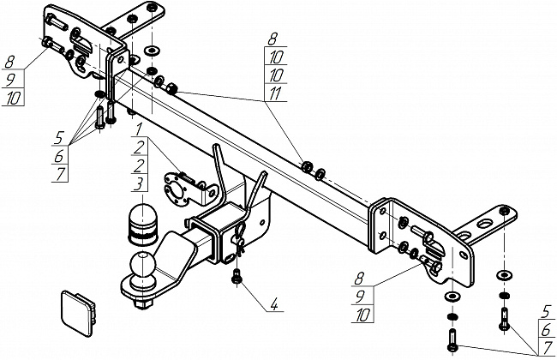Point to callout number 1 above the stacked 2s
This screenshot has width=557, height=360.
coord(136,131)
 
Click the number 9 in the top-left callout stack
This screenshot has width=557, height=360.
coord(12,80)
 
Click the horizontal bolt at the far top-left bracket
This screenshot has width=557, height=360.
coord(48,43)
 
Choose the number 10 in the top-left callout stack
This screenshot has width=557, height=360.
coord(12,99)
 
